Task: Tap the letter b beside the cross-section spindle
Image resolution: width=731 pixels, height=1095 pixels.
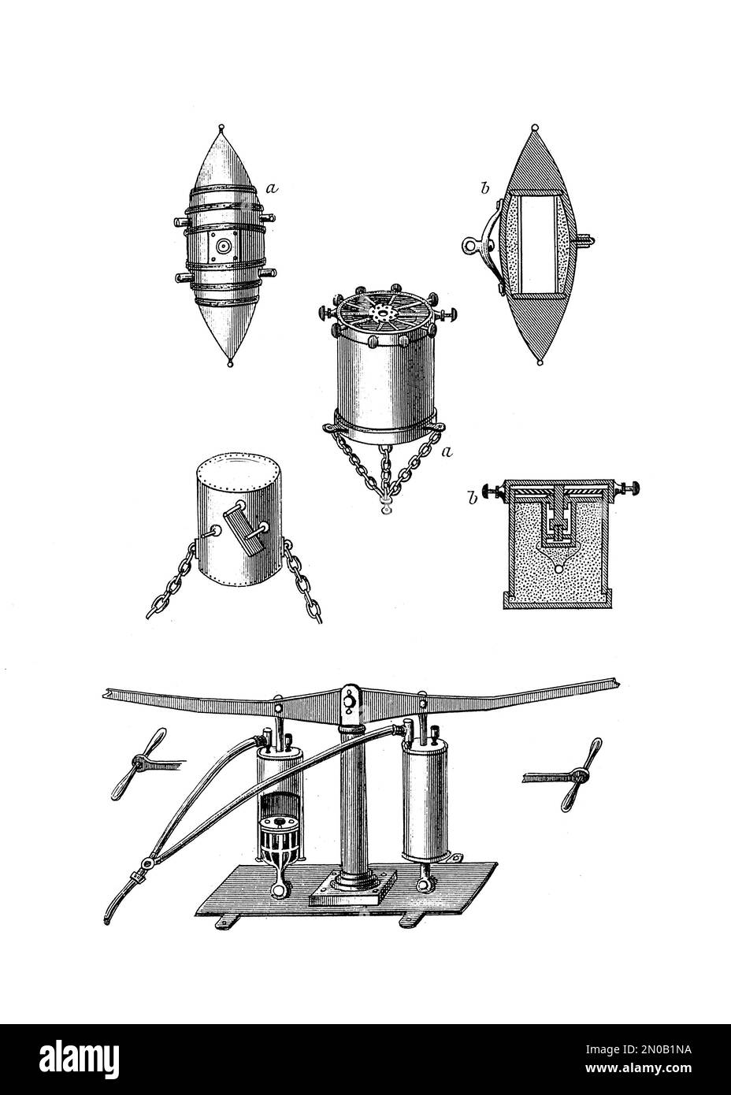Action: coord(463,190)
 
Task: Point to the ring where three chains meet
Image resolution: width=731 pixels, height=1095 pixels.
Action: coord(385,503)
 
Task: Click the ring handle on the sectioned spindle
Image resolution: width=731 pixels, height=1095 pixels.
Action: coord(472,244)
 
